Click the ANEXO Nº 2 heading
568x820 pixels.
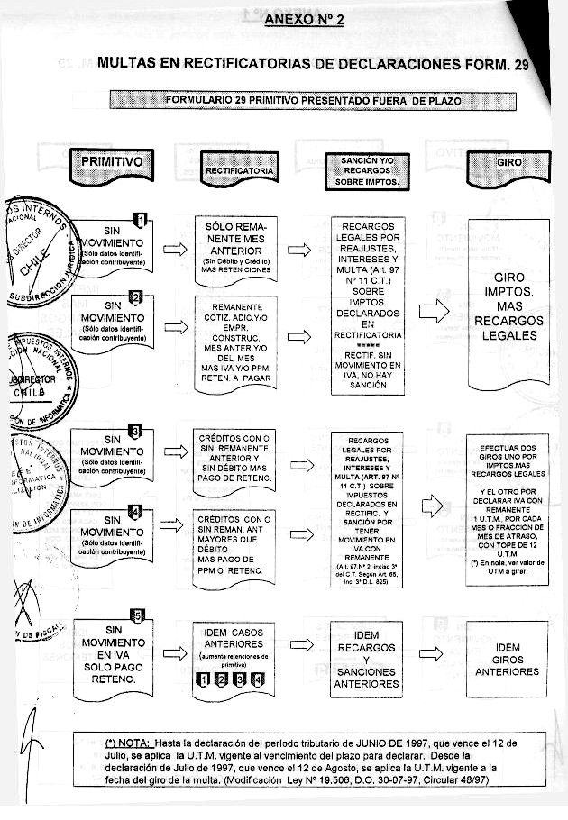[305, 20]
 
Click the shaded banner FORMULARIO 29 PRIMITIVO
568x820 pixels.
[312, 100]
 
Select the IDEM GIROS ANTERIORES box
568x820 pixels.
[508, 660]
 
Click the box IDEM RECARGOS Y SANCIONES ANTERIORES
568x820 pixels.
[365, 660]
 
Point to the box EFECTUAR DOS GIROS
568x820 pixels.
[508, 510]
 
